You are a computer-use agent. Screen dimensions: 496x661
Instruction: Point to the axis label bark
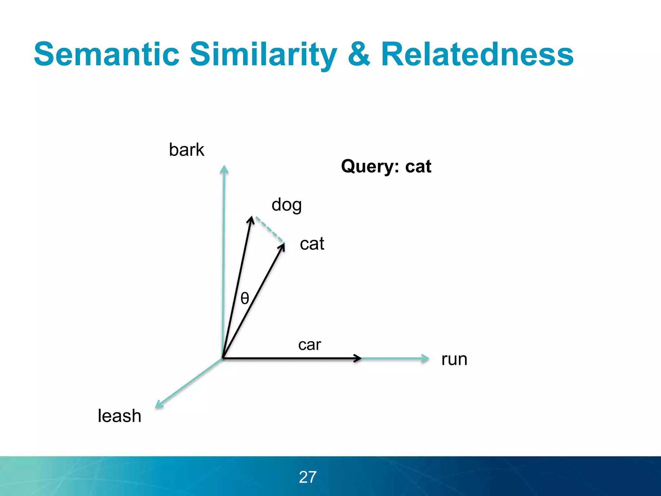click(187, 150)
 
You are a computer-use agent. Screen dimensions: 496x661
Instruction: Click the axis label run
click(454, 359)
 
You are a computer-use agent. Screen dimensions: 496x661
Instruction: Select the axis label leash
click(119, 416)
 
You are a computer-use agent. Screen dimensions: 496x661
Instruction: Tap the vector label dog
click(287, 205)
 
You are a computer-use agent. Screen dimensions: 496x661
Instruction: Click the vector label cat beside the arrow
click(312, 244)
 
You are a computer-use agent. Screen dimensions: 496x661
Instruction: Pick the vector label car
click(310, 345)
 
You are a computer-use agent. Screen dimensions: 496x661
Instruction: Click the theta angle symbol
click(245, 298)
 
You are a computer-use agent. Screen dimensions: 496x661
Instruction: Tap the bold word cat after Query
click(418, 167)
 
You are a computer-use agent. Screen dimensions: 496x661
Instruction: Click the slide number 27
click(308, 477)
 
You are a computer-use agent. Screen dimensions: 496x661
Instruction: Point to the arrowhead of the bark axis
click(224, 170)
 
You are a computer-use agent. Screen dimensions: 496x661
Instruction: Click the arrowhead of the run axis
click(425, 358)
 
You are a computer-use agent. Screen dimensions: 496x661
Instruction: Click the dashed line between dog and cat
click(270, 229)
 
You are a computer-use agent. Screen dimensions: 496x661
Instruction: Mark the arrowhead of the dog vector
click(251, 220)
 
